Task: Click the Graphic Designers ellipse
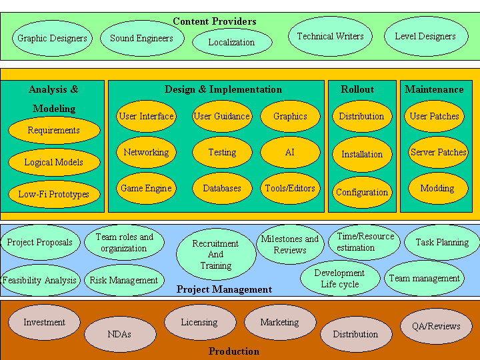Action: [x=52, y=38]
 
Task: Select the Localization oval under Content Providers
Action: [x=231, y=42]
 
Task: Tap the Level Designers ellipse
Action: [x=425, y=36]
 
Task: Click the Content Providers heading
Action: [x=215, y=21]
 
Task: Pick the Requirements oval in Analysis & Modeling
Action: [x=54, y=131]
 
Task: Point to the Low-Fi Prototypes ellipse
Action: [x=54, y=195]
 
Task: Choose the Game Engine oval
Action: [x=146, y=189]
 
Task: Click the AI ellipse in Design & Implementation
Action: [x=290, y=153]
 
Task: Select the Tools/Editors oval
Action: [x=290, y=189]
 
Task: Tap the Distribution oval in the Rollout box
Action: [x=362, y=117]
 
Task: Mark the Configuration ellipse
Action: [x=362, y=192]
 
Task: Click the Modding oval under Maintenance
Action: [x=437, y=189]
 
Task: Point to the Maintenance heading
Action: [x=434, y=89]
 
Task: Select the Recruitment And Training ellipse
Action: [x=216, y=255]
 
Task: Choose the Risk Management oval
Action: [x=124, y=281]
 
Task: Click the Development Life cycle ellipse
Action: [x=340, y=279]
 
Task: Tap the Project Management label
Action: [x=224, y=289]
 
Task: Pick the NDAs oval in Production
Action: [x=120, y=335]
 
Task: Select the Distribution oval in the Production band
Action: [x=355, y=335]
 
